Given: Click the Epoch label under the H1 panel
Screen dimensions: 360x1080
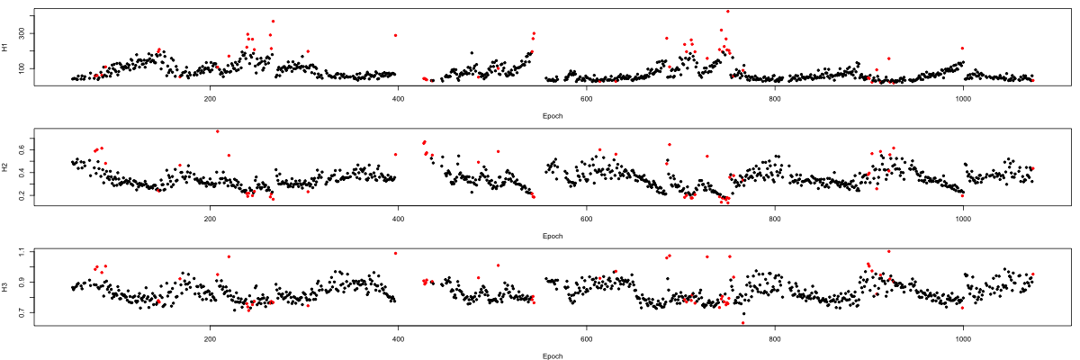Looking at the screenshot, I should (553, 116).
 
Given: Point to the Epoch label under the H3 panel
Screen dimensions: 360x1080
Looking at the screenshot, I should (553, 355).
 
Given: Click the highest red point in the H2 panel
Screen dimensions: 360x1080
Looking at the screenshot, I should (217, 131).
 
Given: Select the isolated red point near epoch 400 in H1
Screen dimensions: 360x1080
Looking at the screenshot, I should (395, 35).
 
